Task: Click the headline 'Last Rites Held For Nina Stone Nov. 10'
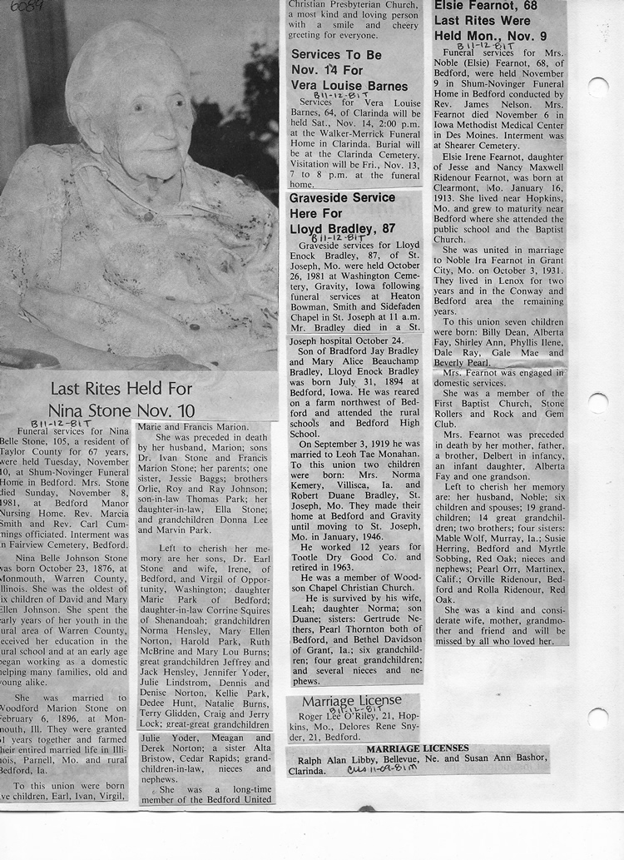point(121,399)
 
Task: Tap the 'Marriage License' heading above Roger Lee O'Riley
point(352,701)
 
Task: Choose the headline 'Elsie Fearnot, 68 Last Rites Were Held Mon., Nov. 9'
point(490,22)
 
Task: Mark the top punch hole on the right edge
point(597,87)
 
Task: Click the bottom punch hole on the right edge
point(597,718)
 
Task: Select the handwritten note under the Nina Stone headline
point(57,423)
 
